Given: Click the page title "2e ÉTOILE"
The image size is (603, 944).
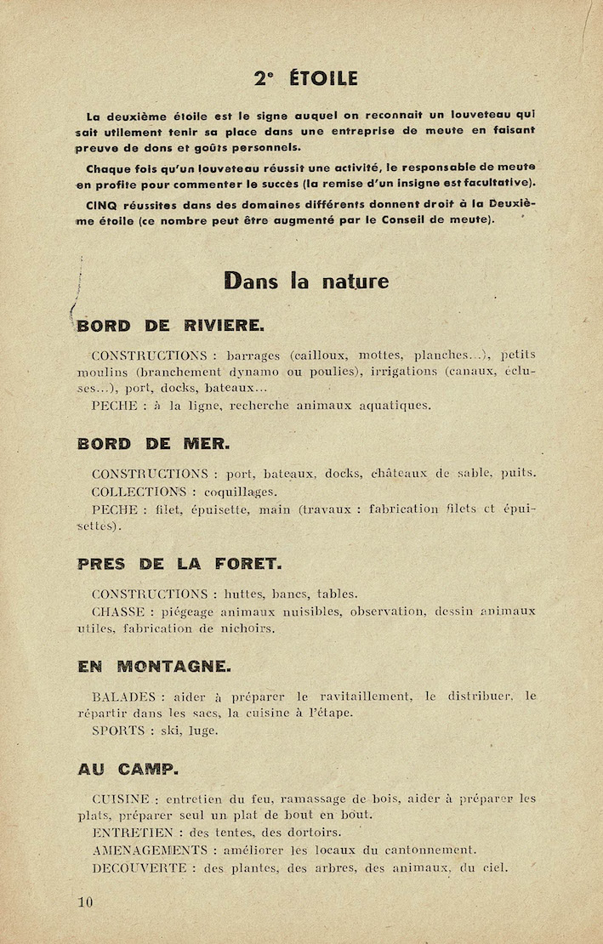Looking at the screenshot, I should coord(305,78).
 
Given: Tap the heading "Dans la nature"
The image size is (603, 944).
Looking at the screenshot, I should coord(306,280).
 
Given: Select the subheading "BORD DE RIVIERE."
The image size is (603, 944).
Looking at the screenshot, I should coord(170,324).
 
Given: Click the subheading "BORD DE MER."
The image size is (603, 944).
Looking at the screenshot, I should coord(153,443).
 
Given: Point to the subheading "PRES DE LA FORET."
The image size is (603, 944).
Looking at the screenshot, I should coord(179,563).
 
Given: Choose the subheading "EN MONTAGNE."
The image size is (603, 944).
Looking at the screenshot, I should coord(154,666).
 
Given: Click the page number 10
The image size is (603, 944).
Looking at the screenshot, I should coord(84,901).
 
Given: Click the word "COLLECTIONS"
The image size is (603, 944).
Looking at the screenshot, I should coord(138,492).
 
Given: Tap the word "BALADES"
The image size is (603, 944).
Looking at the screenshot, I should coord(123,697).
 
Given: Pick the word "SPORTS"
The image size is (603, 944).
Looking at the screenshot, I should coord(119,730).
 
